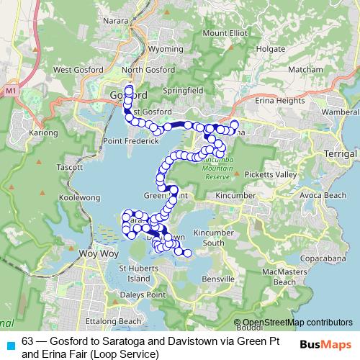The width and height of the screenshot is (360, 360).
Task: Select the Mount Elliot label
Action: (224, 33)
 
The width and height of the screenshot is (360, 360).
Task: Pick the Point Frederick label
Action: (130, 141)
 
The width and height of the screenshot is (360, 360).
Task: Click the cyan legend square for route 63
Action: (9, 344)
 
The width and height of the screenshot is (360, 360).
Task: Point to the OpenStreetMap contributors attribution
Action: (297, 323)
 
